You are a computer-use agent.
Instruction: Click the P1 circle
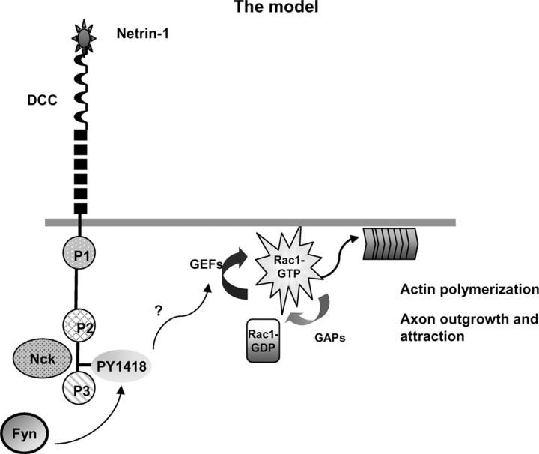79,255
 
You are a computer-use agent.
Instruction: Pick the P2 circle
79,325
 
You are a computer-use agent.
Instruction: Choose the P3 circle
79,387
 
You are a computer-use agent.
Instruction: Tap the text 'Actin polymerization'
469,288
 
